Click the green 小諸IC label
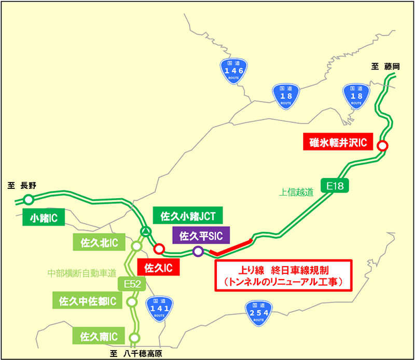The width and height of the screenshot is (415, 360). (43, 217)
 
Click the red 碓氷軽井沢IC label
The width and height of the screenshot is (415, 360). (338, 141)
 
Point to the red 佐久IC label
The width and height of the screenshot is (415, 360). (158, 268)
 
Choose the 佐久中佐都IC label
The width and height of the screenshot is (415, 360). (88, 300)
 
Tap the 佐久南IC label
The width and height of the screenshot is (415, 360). (99, 336)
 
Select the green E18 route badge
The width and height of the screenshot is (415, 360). (336, 186)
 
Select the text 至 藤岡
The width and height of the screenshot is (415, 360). (386, 66)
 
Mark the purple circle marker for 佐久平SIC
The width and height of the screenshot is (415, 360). (198, 252)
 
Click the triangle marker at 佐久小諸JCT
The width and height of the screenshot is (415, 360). (146, 232)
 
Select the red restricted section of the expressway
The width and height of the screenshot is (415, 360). (232, 247)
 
